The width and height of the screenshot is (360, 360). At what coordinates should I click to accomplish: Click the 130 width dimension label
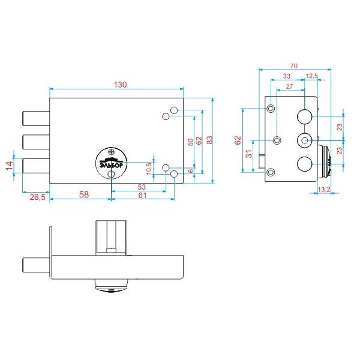tap(121, 85)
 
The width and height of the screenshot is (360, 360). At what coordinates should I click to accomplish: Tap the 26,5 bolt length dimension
tap(38, 197)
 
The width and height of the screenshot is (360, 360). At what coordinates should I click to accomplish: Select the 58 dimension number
tap(84, 194)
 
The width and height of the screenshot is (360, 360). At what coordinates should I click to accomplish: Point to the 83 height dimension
tap(209, 140)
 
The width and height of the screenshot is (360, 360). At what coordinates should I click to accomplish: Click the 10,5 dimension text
tap(149, 168)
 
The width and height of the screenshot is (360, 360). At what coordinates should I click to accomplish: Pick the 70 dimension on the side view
tap(294, 66)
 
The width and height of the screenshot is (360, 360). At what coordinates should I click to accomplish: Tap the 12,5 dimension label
tap(312, 76)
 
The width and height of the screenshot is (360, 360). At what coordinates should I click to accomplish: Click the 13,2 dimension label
tap(324, 190)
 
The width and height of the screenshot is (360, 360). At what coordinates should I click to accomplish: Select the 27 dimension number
tap(289, 86)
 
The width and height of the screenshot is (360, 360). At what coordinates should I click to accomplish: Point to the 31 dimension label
tap(249, 154)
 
